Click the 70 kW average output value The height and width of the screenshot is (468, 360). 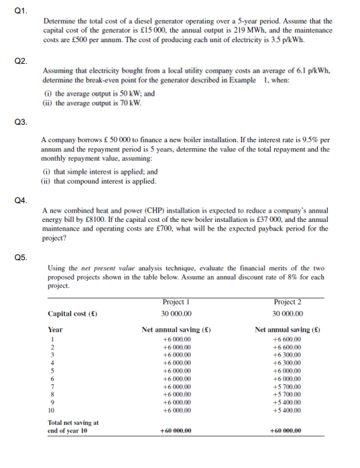click(133, 103)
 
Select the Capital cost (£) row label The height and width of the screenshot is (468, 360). click(70, 314)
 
